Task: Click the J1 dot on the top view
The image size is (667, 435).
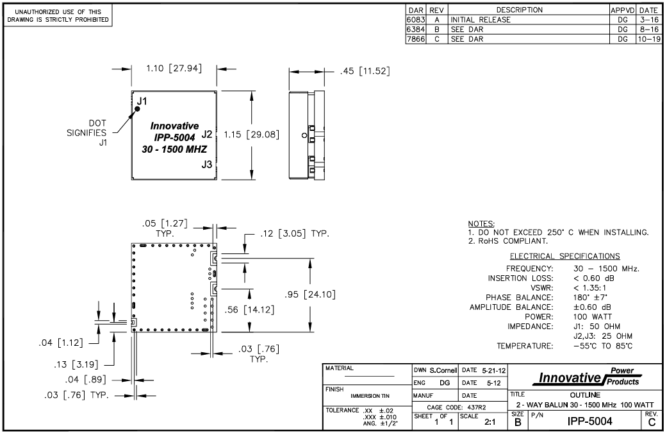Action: click(136, 109)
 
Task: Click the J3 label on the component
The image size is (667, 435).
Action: click(206, 164)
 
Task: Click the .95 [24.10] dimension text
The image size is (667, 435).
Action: click(311, 294)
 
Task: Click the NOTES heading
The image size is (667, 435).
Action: click(482, 223)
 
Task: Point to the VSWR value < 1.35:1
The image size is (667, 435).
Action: click(593, 288)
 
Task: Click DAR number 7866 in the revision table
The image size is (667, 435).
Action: click(416, 38)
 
